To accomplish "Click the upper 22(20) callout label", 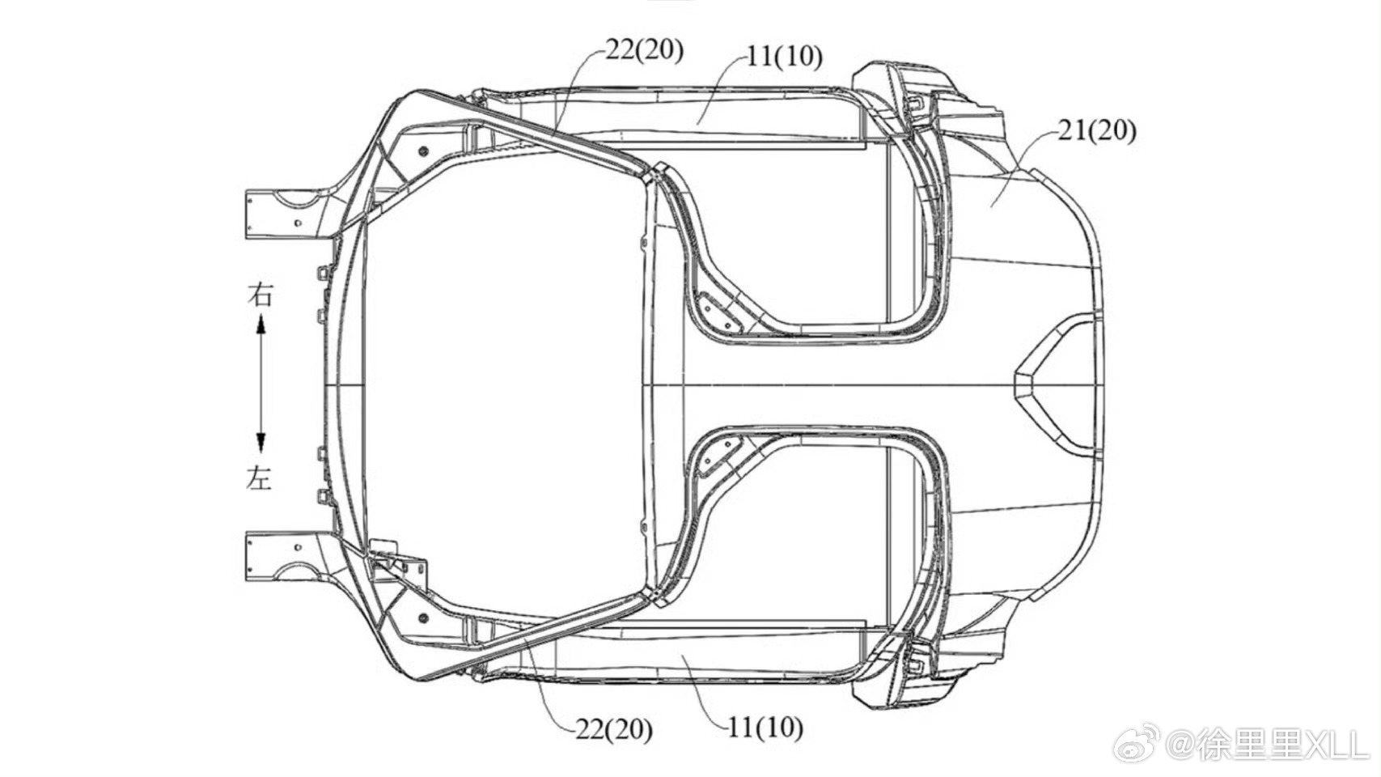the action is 644,50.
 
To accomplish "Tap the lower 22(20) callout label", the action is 614,729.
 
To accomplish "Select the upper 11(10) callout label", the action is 784,57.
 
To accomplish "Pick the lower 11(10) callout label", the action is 765,728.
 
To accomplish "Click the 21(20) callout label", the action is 1097,131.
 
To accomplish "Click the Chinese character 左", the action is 259,478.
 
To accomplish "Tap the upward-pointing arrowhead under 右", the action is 261,325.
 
